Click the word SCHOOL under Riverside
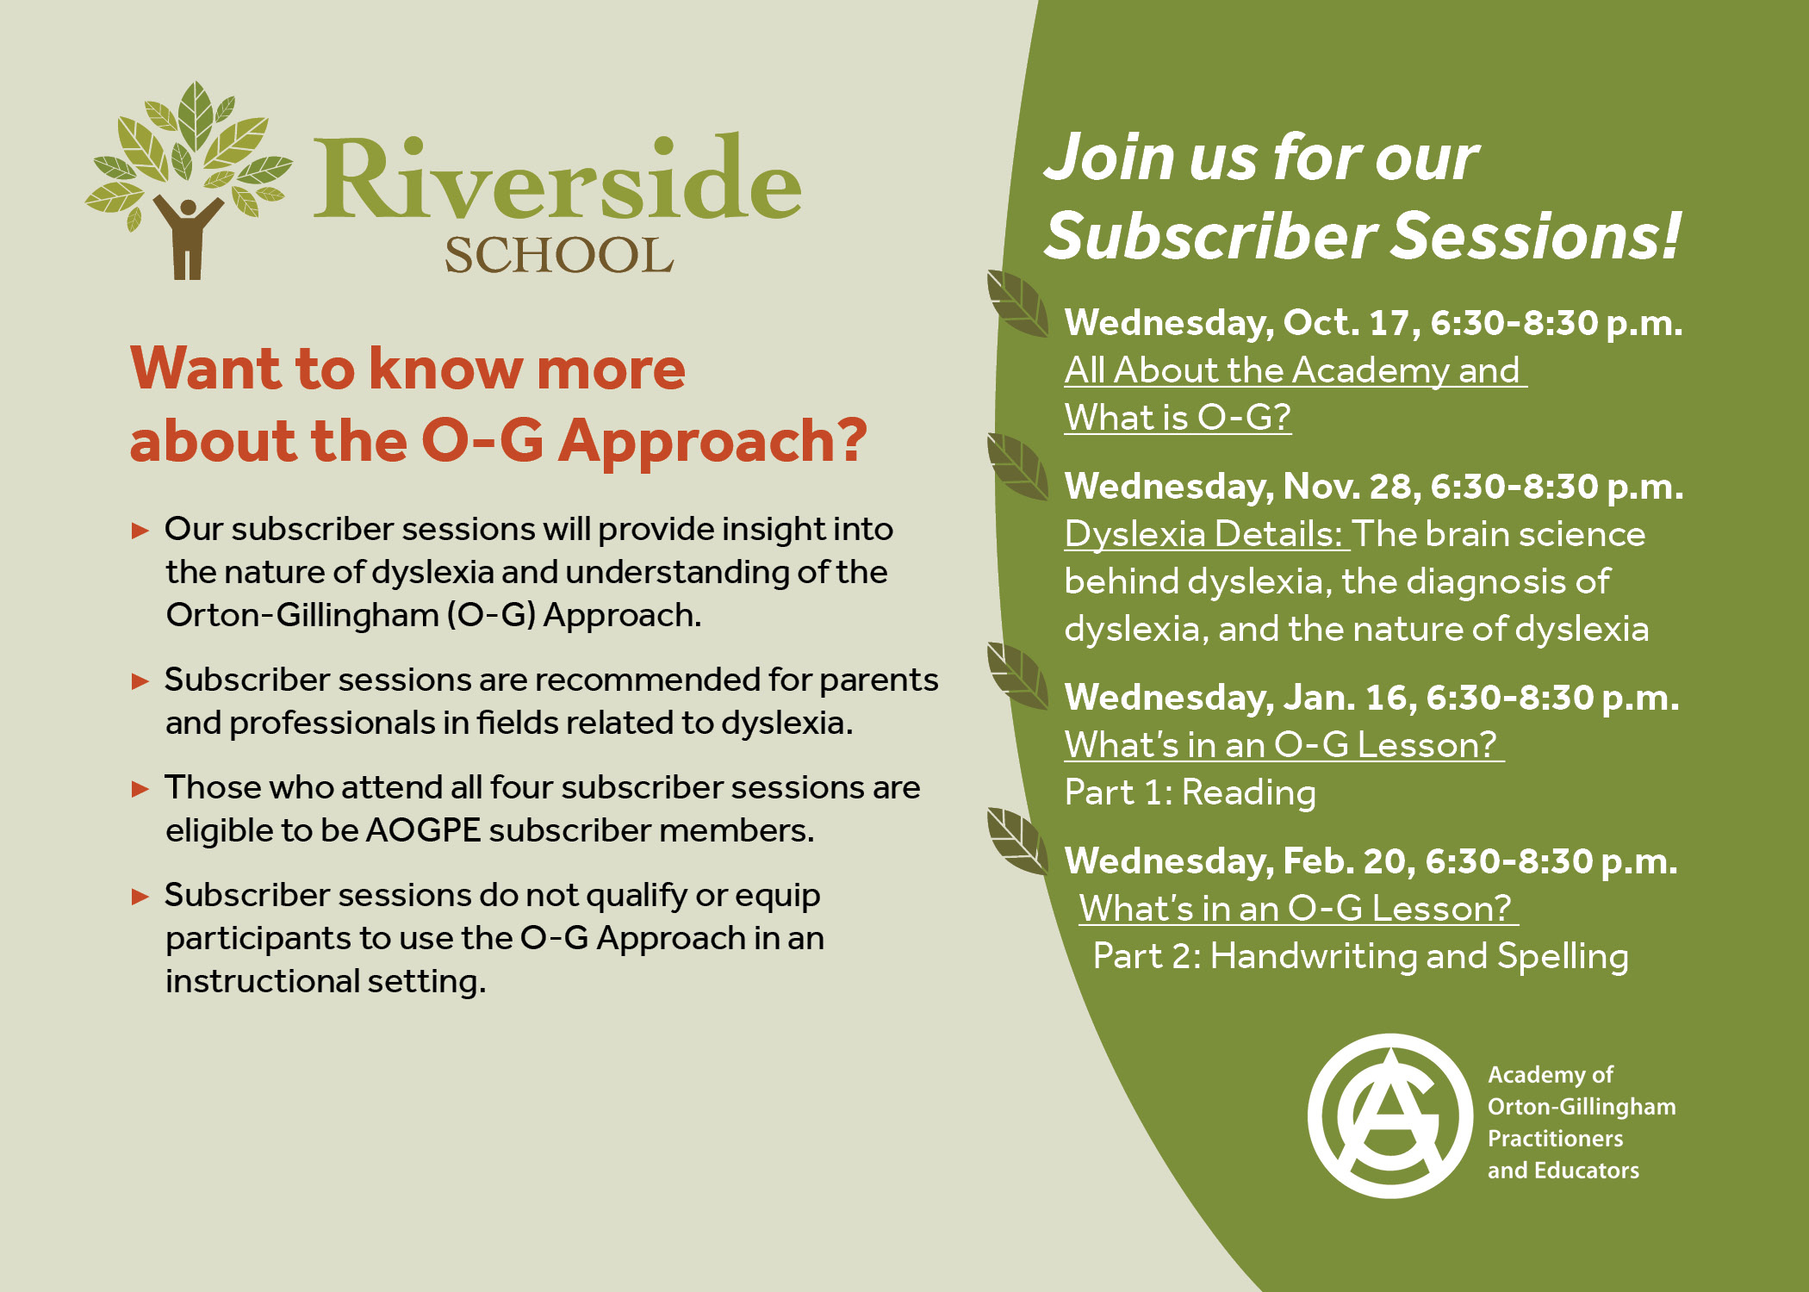point(559,256)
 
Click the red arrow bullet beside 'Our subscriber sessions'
point(140,531)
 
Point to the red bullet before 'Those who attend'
point(140,789)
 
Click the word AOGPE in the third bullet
point(423,830)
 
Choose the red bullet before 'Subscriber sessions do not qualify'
point(140,897)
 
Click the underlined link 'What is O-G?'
point(1178,418)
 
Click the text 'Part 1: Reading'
point(1190,792)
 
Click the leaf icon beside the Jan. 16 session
point(1017,676)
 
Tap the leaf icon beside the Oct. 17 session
point(1017,303)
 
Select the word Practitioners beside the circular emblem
point(1555,1139)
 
